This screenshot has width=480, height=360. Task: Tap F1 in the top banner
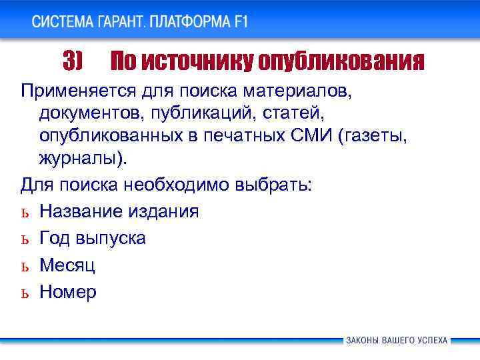coord(241,21)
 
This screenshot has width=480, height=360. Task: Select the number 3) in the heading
coord(72,62)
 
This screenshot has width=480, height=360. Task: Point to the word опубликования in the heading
coord(341,62)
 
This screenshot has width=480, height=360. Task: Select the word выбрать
coord(273,184)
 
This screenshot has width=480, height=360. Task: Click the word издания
coord(164,212)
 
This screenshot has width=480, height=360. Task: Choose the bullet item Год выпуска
coord(92,239)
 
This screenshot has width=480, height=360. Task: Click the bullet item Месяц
coord(67,265)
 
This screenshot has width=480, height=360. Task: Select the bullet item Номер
coord(67,292)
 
